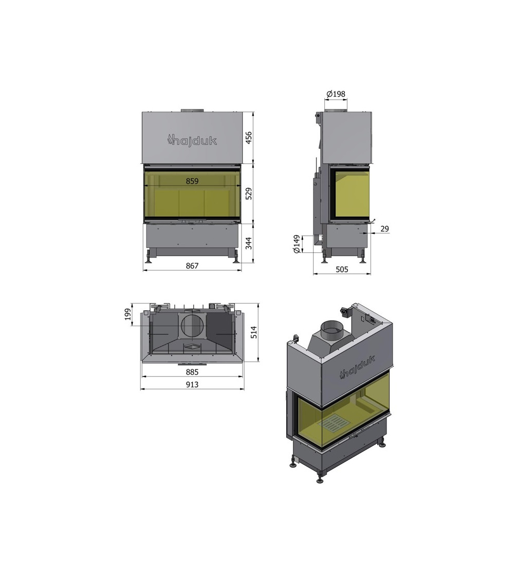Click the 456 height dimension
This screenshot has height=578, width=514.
pos(249,138)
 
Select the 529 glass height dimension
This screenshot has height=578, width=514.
pos(249,194)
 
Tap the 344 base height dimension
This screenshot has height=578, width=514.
pos(249,244)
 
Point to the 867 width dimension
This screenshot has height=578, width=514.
pos(192,266)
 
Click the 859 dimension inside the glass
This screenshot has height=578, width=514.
pos(192,181)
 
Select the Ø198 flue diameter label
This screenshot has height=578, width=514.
pos(336,94)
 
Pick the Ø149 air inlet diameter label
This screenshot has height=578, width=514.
pos(296,244)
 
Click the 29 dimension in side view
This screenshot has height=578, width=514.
pos(384,229)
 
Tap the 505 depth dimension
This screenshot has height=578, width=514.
pos(342,269)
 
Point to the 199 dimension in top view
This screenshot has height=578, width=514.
pos(128,314)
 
